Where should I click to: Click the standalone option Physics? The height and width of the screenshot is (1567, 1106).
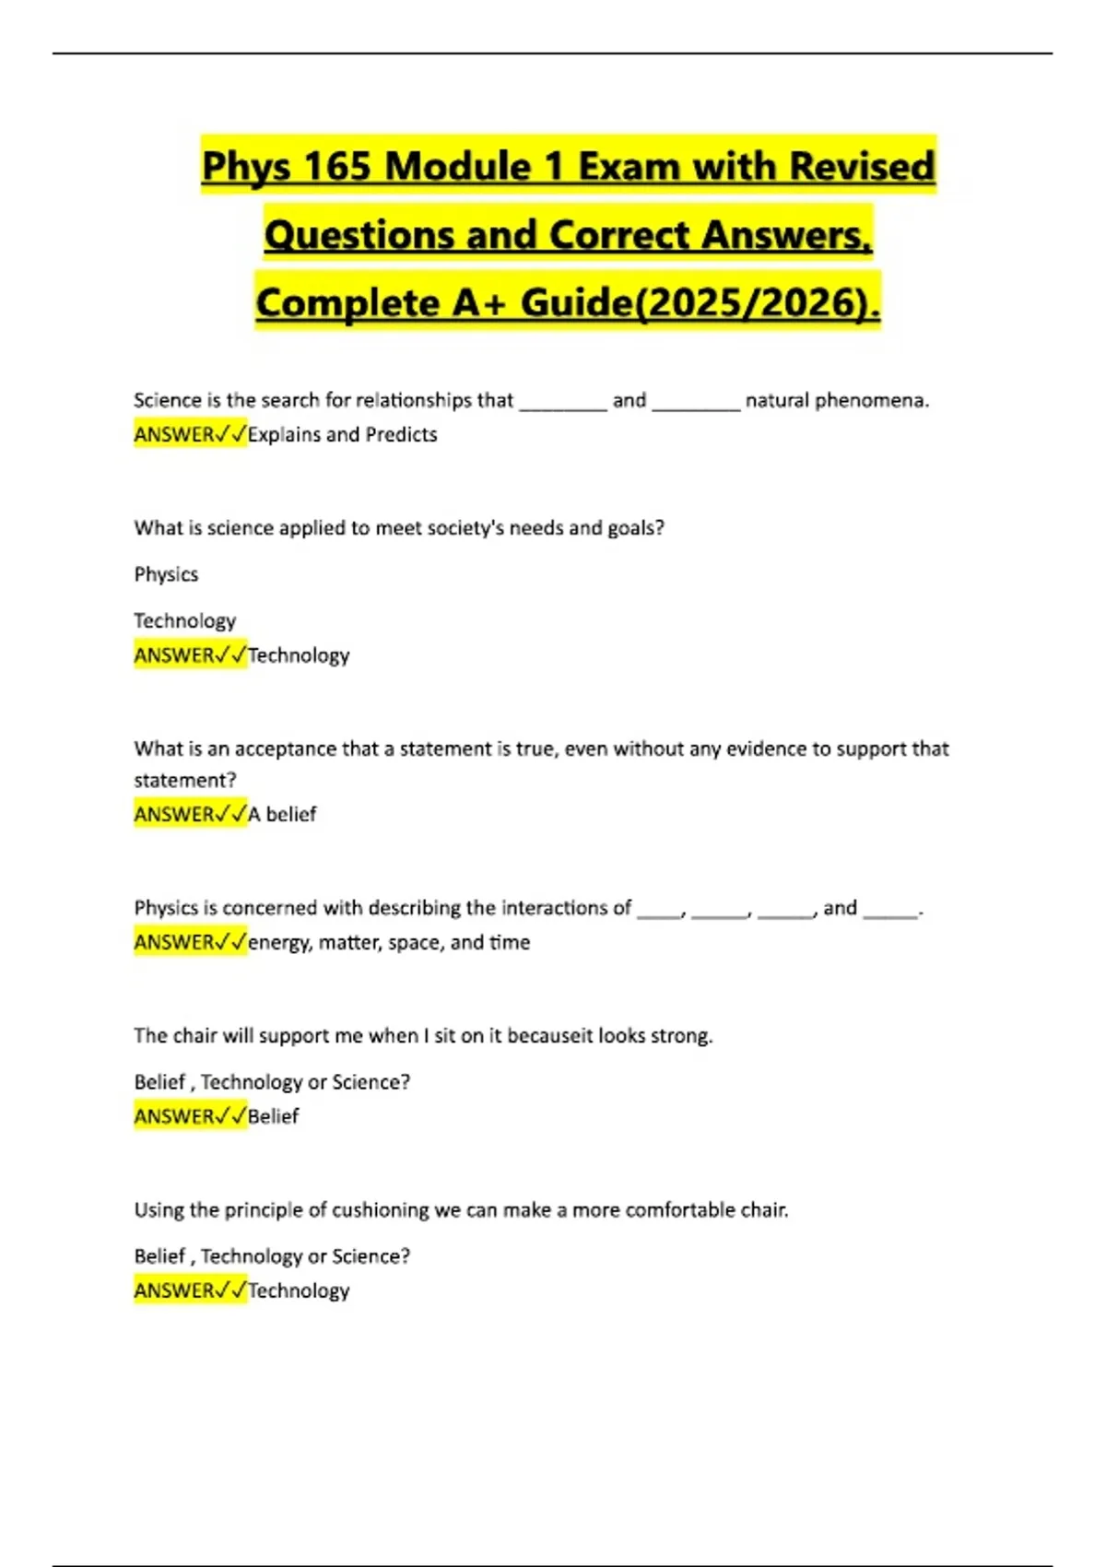click(x=166, y=574)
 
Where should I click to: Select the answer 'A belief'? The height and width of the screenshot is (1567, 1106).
click(x=282, y=814)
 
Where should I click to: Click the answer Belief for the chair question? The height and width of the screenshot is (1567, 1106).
click(x=274, y=1116)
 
